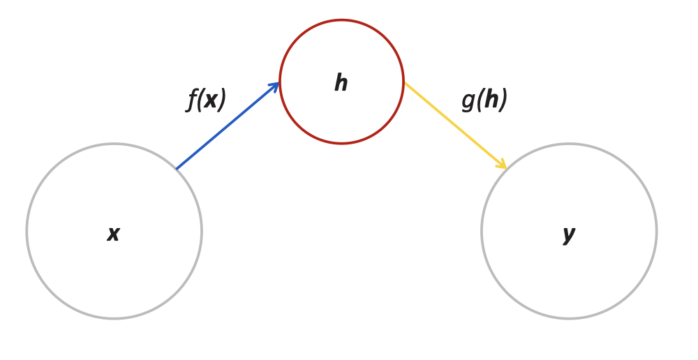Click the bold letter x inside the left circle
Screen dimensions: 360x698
[x=114, y=234]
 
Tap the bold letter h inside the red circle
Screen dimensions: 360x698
[x=341, y=83]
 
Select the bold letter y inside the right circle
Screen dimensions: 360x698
[x=569, y=234]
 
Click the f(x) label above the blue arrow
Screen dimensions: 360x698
[x=207, y=100]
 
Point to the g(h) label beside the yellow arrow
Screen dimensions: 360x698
[x=484, y=100]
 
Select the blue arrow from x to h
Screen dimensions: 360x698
[x=228, y=126]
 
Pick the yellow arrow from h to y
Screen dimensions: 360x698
[x=455, y=126]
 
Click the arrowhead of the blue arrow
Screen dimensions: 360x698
[x=275, y=86]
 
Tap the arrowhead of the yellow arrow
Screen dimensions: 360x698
[x=502, y=165]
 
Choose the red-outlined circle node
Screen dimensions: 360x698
[x=342, y=42]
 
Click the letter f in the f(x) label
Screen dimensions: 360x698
[x=192, y=100]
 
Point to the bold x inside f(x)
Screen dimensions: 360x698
[x=210, y=100]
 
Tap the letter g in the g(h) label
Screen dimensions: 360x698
[x=468, y=100]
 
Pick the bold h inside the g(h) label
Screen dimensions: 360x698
[x=491, y=99]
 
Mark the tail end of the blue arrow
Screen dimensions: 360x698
[x=177, y=168]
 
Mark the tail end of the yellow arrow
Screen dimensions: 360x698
[x=406, y=84]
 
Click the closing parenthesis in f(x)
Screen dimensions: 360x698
[x=222, y=100]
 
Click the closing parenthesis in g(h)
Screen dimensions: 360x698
[x=503, y=100]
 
